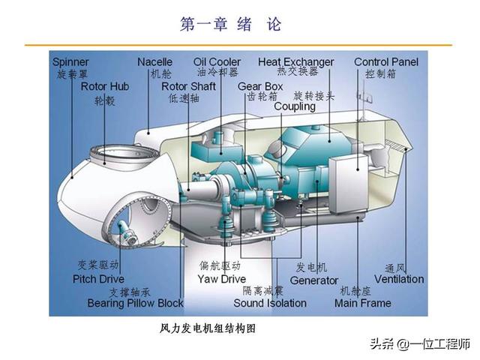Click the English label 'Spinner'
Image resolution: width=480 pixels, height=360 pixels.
click(x=71, y=62)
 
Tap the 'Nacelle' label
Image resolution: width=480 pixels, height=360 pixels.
click(x=155, y=62)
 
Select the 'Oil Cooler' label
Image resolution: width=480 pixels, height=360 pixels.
click(x=217, y=62)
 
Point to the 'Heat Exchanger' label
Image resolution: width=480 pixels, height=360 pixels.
click(x=296, y=62)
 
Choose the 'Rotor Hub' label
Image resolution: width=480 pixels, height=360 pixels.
click(x=105, y=87)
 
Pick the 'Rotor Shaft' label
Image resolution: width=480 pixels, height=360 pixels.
click(x=188, y=87)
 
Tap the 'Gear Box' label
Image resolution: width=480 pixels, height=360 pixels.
click(x=260, y=87)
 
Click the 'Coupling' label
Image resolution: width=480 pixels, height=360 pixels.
click(x=295, y=106)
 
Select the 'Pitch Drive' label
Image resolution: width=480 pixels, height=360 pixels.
click(x=99, y=279)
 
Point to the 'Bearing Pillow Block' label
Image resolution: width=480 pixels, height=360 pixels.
click(x=135, y=303)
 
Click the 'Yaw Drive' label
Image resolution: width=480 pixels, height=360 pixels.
click(x=221, y=279)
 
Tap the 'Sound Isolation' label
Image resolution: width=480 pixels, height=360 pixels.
click(x=269, y=303)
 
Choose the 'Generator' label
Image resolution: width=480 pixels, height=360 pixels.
click(x=314, y=280)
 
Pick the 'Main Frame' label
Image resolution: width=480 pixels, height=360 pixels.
click(x=362, y=303)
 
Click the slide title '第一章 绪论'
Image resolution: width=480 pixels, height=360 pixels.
click(x=231, y=25)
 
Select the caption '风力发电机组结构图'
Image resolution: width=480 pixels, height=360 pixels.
click(x=203, y=328)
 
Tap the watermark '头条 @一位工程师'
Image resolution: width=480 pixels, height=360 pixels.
click(x=418, y=345)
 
